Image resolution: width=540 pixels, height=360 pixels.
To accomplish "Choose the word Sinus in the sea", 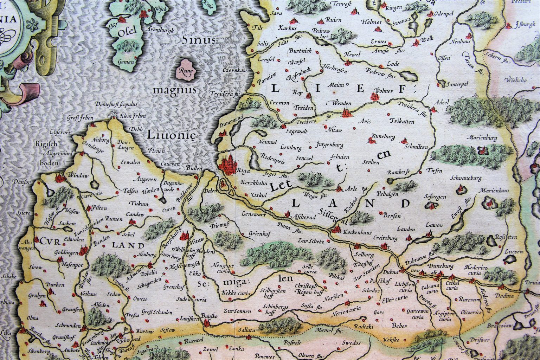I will (193, 39).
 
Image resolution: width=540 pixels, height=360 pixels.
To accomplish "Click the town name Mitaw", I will (197, 243).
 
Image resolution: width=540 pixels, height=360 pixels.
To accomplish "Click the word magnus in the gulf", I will (174, 90).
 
